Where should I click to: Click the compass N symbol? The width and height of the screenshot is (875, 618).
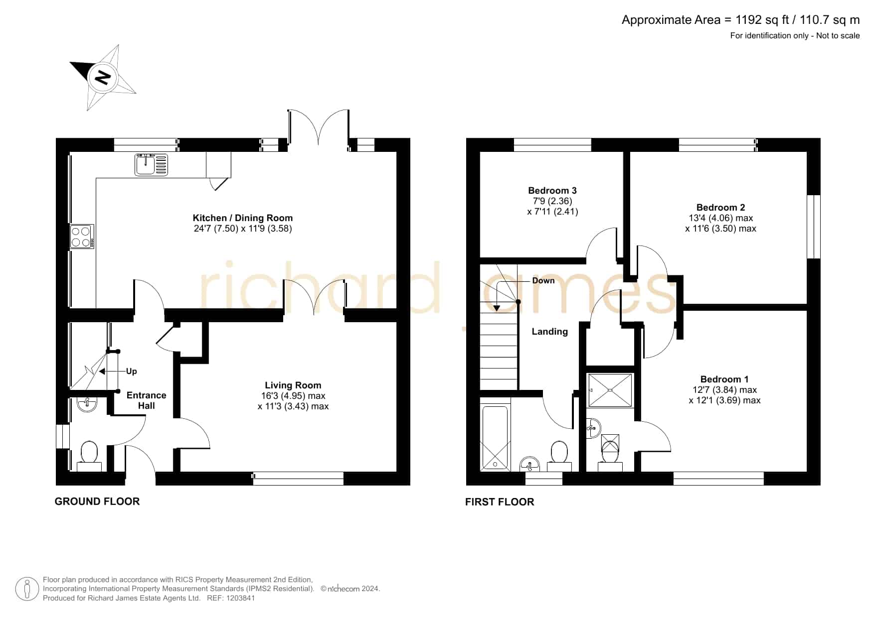(x=103, y=78)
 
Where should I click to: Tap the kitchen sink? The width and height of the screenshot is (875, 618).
(x=151, y=165)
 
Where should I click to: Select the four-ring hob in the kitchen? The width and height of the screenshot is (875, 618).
(x=82, y=237)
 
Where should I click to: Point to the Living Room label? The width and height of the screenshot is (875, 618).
(x=293, y=385)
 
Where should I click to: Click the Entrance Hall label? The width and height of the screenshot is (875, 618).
(x=146, y=400)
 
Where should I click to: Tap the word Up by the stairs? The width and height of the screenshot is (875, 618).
(x=132, y=371)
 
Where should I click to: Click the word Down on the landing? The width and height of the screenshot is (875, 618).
(x=543, y=280)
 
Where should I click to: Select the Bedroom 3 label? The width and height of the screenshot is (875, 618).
(x=552, y=190)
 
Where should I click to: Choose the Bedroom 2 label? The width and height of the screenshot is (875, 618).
(x=720, y=207)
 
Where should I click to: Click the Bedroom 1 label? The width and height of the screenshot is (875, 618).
(x=724, y=379)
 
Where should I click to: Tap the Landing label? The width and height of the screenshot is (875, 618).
(x=549, y=332)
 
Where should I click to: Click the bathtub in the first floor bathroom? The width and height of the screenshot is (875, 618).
(x=495, y=438)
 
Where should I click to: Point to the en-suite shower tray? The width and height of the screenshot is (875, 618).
(x=610, y=390)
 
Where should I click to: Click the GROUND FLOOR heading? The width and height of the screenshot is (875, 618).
(x=97, y=501)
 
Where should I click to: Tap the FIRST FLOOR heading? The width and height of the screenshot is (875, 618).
(x=500, y=502)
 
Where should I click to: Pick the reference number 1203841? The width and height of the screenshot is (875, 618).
(x=240, y=598)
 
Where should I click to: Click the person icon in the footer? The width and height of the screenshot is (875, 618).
(x=27, y=589)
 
